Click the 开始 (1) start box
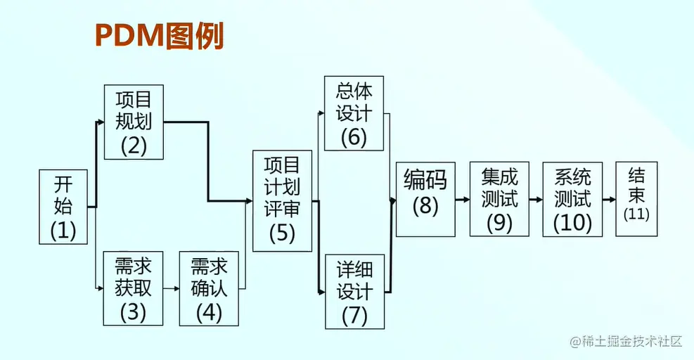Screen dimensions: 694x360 pyautogui.click(x=63, y=207)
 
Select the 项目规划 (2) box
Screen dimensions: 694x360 pyautogui.click(x=134, y=122)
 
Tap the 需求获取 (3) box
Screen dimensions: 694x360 pyautogui.click(x=133, y=288)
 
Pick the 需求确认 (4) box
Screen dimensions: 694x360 pyautogui.click(x=209, y=288)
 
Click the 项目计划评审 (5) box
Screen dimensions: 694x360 pyautogui.click(x=282, y=201)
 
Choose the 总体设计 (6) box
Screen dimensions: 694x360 pyautogui.click(x=354, y=113)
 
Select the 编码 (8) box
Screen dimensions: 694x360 pyautogui.click(x=425, y=200)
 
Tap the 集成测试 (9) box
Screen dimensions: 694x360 pyautogui.click(x=499, y=200)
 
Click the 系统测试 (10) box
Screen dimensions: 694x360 pyautogui.click(x=572, y=200)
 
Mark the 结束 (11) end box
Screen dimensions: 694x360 pyautogui.click(x=636, y=200)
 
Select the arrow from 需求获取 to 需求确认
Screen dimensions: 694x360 pyautogui.click(x=172, y=288)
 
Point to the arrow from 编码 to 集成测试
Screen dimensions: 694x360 pyautogui.click(x=462, y=200)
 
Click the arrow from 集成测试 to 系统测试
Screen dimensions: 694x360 pyautogui.click(x=536, y=200)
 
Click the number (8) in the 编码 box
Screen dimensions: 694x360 pyautogui.click(x=425, y=207)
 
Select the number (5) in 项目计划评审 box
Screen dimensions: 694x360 pyautogui.click(x=282, y=233)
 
